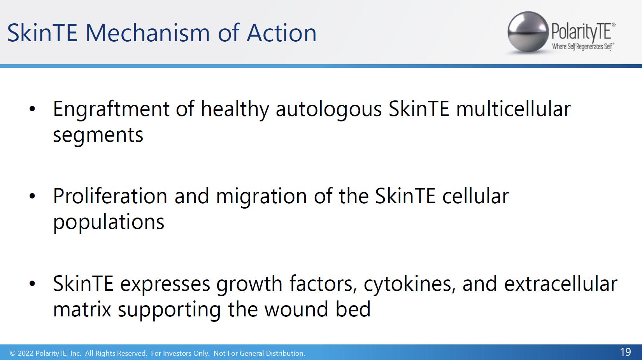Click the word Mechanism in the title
(147, 33)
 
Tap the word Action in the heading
(281, 33)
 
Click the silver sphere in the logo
(528, 32)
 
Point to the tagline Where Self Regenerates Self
(583, 47)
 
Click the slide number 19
(625, 352)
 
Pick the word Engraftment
(111, 109)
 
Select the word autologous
(329, 110)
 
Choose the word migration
(261, 197)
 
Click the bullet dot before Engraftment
(32, 109)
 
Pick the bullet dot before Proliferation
(32, 196)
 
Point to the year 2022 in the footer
(26, 353)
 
